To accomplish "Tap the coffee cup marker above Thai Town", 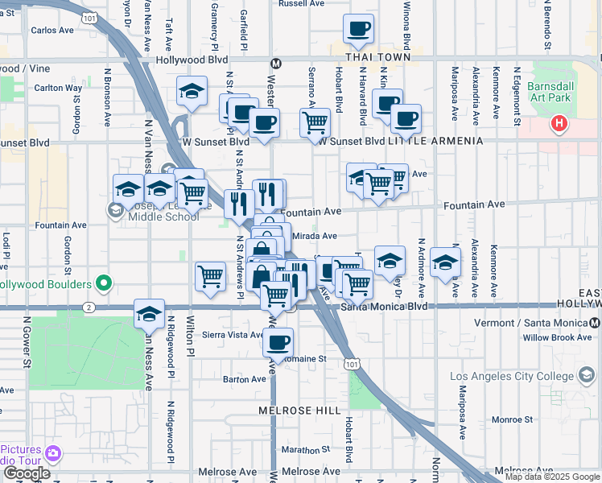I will click(x=358, y=29).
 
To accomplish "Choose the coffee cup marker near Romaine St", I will click(x=278, y=341).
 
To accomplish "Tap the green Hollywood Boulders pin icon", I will click(x=102, y=283).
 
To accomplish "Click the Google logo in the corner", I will click(x=27, y=473).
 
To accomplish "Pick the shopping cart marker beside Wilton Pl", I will click(x=210, y=275).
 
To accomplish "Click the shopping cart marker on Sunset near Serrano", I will click(x=315, y=123).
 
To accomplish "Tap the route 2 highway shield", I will click(x=87, y=307).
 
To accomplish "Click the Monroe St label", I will click(x=507, y=419).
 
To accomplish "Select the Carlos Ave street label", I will click(x=52, y=31).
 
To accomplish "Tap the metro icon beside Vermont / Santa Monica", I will click(x=595, y=322).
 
